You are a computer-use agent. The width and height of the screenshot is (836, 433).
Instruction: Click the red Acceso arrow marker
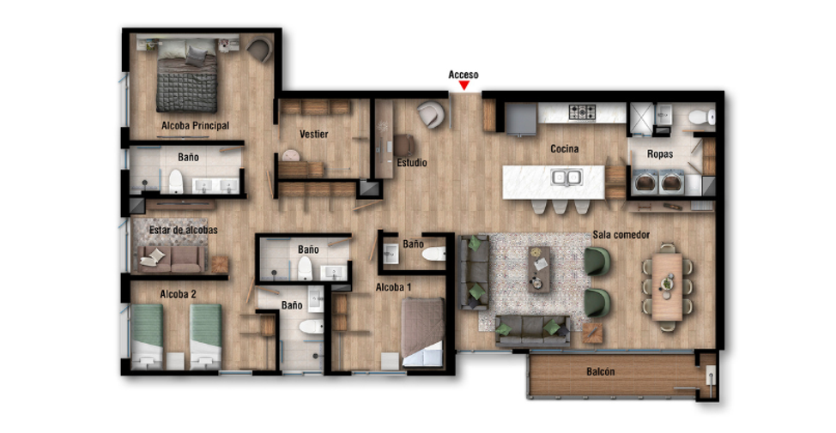coord(464,85)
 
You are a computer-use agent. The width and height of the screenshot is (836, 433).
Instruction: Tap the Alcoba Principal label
coord(195,126)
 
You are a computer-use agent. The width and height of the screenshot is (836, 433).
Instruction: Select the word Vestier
coord(313,135)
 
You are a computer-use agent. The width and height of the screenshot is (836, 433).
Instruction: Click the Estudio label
coord(412,163)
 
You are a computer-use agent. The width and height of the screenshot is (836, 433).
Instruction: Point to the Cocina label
coord(564,149)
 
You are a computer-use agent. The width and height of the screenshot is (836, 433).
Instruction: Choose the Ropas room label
coord(660,154)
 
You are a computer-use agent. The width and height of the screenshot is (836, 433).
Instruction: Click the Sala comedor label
coord(621,235)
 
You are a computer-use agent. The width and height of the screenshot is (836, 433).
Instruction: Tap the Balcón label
coord(600,372)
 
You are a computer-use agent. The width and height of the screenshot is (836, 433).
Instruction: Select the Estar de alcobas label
coord(184,230)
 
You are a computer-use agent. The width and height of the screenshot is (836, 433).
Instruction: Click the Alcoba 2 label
coord(178,294)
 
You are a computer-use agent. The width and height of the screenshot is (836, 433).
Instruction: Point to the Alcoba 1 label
coord(393,287)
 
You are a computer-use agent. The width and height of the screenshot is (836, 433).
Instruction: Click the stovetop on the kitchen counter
coord(582,111)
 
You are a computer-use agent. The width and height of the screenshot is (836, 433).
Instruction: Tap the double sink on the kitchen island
coord(566,177)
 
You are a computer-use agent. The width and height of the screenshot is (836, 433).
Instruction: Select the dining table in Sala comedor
coord(667,286)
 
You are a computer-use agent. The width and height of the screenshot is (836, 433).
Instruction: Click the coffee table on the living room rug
coord(539,269)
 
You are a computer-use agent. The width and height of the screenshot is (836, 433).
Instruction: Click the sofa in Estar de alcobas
coord(171,259)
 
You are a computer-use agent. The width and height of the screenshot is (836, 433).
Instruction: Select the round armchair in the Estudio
coord(430,115)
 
